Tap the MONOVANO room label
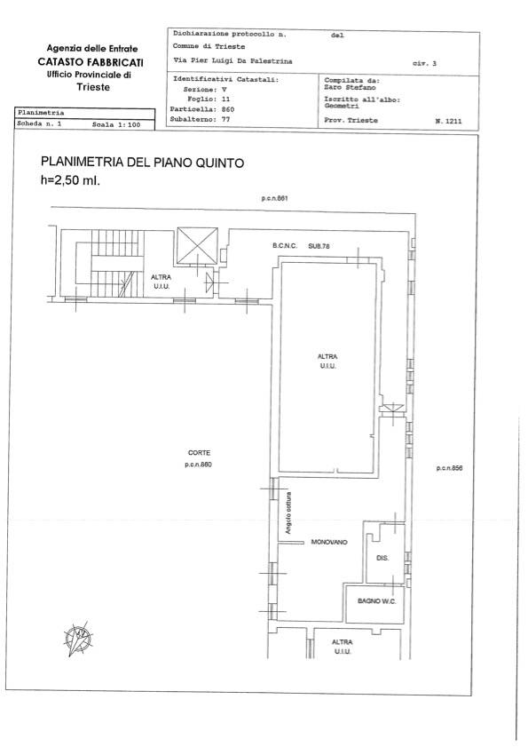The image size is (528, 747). pos(329,542)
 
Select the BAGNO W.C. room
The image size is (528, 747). pos(375,604)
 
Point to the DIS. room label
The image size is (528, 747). pos(382,558)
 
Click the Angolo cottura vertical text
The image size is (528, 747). pos(288,513)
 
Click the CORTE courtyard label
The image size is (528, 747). pos(199,453)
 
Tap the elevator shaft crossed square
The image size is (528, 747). pos(198,246)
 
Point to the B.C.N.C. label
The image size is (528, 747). pos(285,246)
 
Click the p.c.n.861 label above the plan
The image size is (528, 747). pos(275,198)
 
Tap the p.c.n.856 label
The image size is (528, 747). pos(449,468)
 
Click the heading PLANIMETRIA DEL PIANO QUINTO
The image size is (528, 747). pos(142,163)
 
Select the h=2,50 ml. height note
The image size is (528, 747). pos(70,180)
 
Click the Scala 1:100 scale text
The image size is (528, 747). pos(116,125)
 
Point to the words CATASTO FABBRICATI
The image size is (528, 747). pos(91,62)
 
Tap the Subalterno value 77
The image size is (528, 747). pos(225,119)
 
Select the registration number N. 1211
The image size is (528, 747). pos(448,121)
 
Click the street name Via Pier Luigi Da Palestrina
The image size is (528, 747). pos(232,61)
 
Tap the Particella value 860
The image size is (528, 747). pos(228,109)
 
